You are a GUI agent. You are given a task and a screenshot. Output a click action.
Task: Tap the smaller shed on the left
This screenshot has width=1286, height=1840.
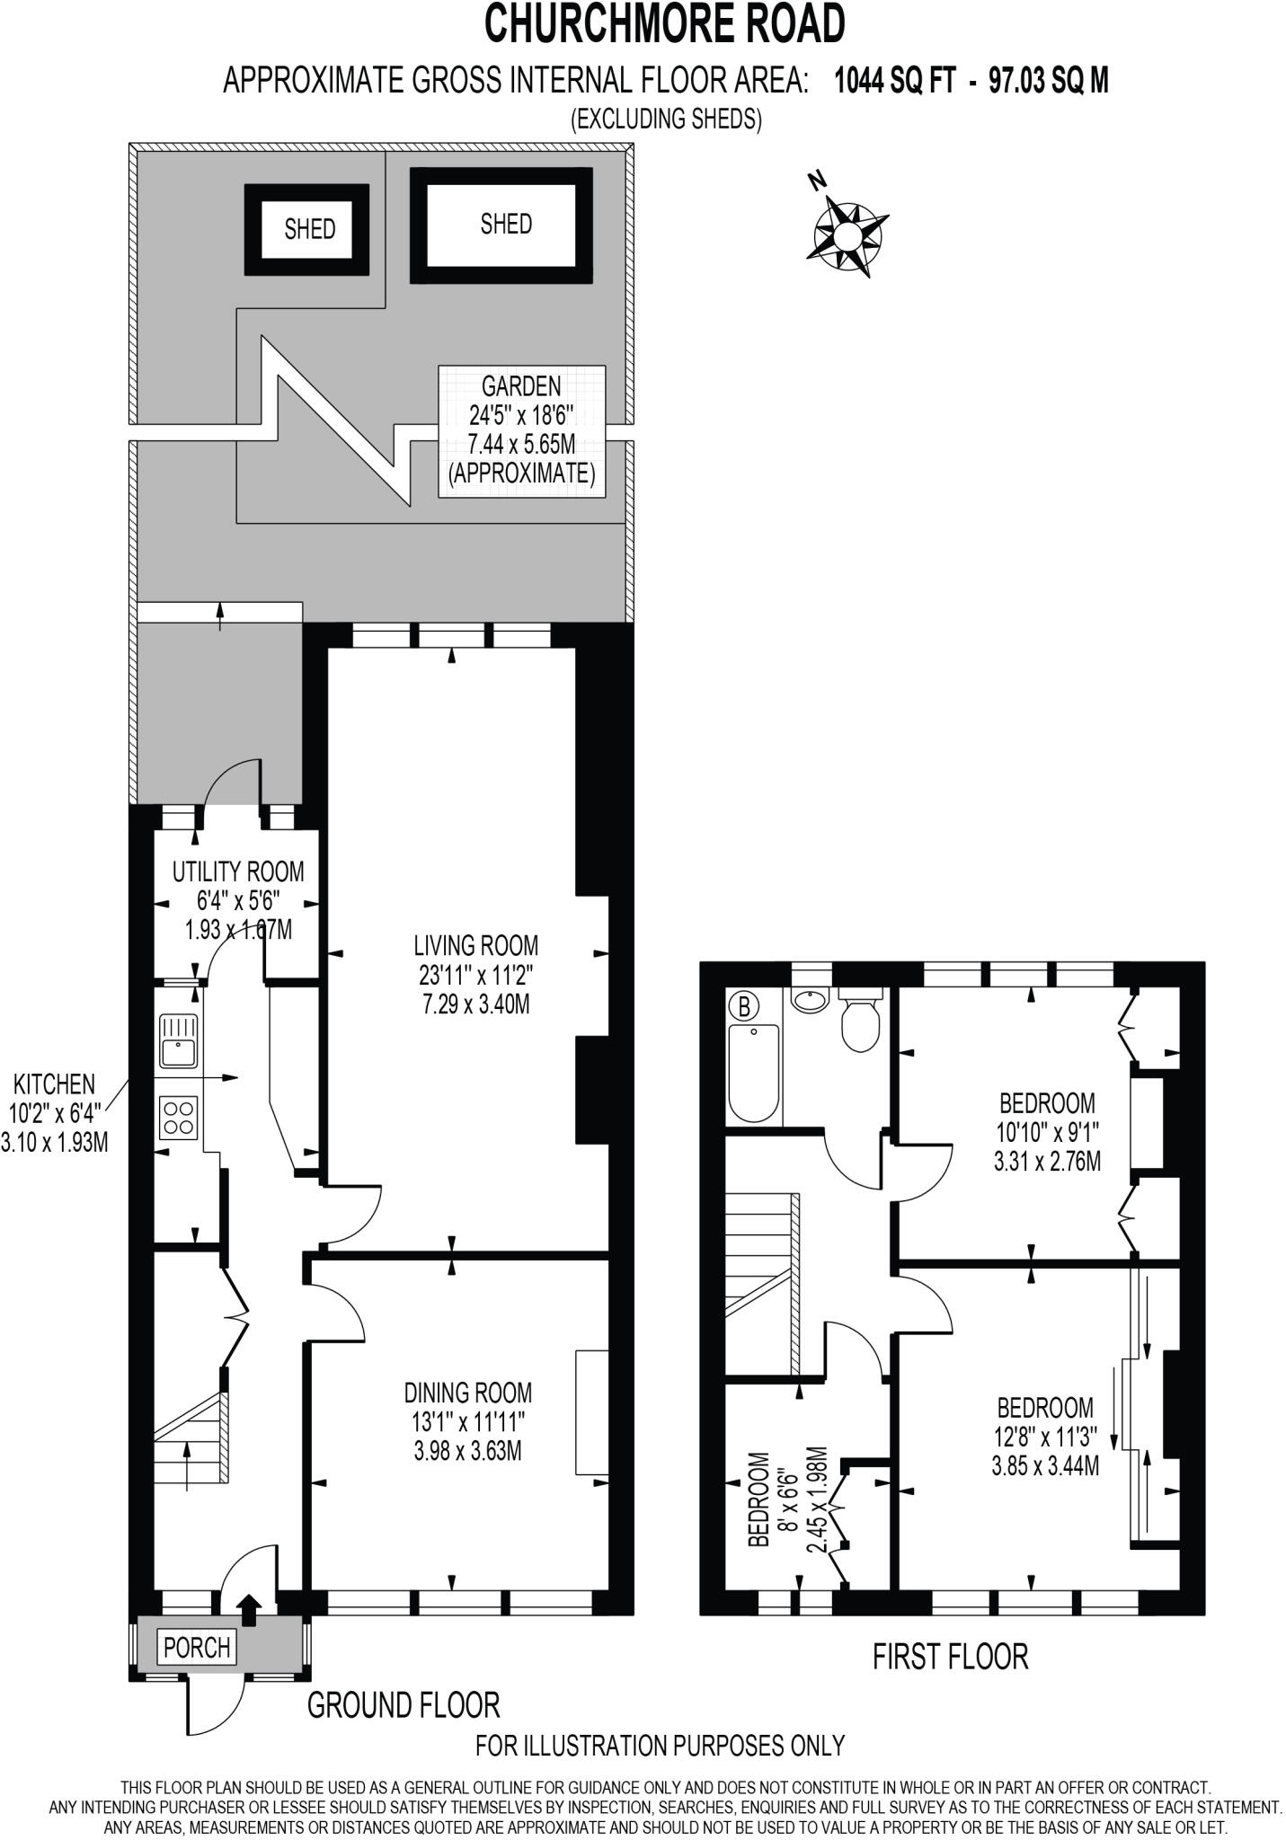(307, 229)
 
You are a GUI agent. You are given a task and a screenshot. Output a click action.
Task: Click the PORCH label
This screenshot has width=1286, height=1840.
(197, 1647)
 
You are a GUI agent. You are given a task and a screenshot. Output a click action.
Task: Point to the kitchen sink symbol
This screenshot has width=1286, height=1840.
(178, 1039)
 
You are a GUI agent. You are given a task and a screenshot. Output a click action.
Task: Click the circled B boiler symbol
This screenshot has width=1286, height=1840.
(743, 1004)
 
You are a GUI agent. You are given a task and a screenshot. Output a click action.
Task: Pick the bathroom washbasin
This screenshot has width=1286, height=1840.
(812, 1000)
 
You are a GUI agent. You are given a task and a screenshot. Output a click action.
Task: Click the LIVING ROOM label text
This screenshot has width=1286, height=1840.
(475, 945)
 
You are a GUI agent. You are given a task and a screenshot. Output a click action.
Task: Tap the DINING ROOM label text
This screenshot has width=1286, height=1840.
(467, 1393)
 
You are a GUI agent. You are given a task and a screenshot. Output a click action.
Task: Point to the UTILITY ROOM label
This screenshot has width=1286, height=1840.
(238, 871)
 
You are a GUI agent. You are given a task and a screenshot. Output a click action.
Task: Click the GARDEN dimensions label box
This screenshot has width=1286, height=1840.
(521, 430)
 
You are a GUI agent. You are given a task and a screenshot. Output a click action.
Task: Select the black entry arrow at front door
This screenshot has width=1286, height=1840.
(248, 1607)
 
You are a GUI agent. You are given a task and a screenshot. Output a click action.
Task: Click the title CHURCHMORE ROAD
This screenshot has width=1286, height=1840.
(665, 24)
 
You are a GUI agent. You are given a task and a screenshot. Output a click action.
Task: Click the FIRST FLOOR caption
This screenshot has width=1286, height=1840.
(950, 1656)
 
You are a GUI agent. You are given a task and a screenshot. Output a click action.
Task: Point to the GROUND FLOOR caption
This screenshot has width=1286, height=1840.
(404, 1704)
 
